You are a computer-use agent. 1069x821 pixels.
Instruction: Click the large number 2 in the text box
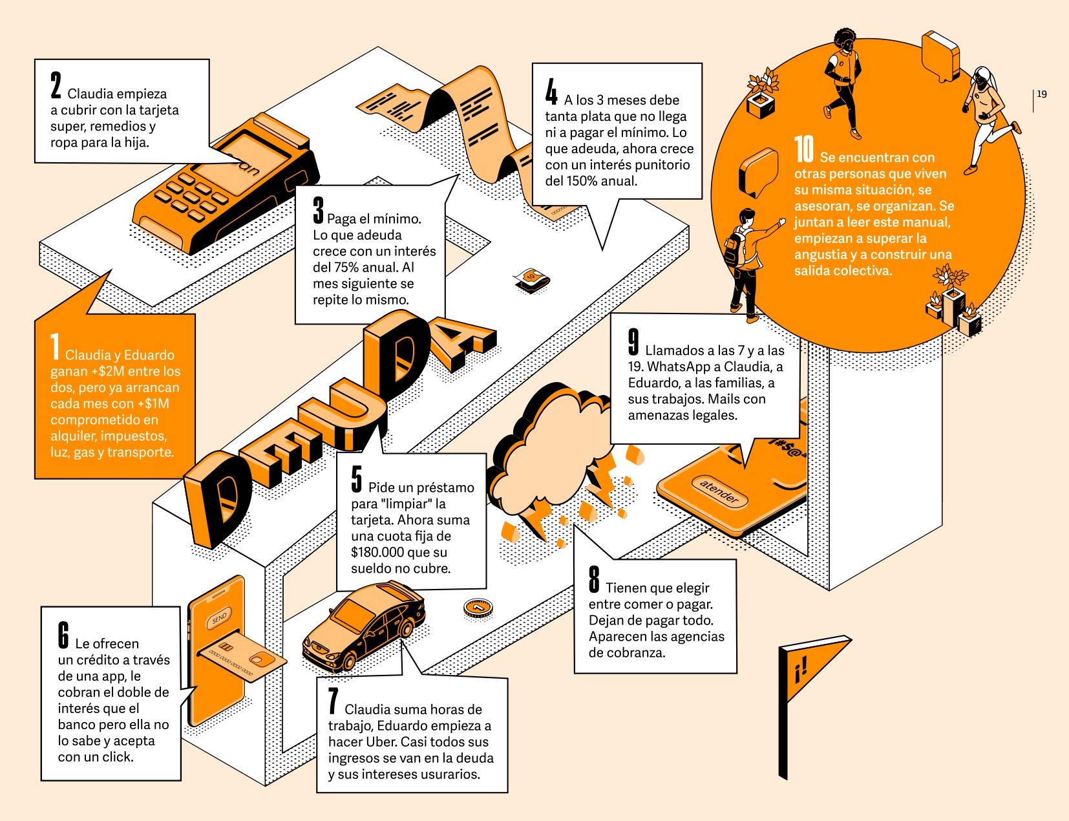[x=56, y=85]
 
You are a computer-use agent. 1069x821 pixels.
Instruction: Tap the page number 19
[x=1042, y=94]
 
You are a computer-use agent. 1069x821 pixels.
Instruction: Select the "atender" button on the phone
[x=719, y=491]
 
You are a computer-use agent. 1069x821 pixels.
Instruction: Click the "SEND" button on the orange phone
[x=219, y=618]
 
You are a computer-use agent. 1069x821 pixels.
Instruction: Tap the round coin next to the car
[x=478, y=608]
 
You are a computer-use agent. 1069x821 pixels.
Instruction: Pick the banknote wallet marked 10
[x=531, y=281]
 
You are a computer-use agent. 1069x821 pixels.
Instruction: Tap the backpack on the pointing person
[x=735, y=248]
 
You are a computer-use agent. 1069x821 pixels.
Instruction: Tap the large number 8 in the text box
[x=594, y=579]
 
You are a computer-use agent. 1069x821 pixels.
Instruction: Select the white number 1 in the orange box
[x=55, y=347]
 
